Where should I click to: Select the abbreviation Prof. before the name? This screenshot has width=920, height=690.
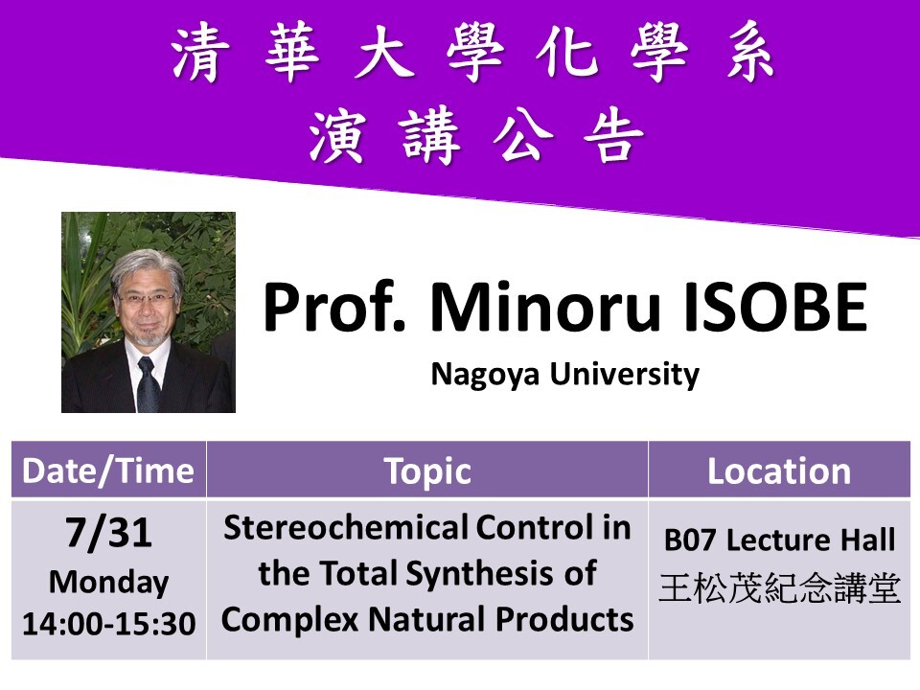(x=336, y=310)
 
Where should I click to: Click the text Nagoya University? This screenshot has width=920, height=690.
(x=564, y=374)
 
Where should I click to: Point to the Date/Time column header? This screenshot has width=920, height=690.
(x=108, y=471)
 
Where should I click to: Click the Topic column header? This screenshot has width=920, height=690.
(x=427, y=471)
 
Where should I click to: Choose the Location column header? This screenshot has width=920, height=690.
(x=778, y=471)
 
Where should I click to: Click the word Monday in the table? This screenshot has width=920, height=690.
(x=108, y=582)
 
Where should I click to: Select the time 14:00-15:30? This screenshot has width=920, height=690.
(x=108, y=624)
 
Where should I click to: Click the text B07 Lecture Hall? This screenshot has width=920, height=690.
(x=779, y=540)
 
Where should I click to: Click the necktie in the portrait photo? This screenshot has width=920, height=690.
(x=148, y=383)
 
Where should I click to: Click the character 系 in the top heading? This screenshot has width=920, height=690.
(x=747, y=56)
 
